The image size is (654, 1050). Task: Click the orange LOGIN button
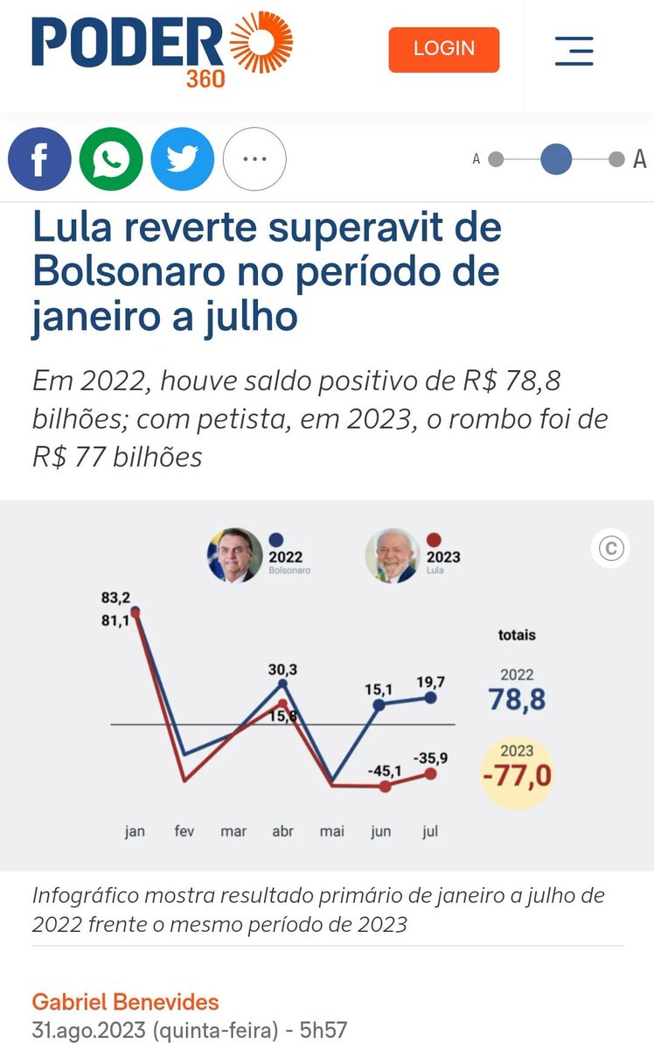[443, 49]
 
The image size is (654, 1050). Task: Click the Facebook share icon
[39, 159]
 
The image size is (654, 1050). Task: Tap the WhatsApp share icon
[111, 159]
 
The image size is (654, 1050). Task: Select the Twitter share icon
[183, 159]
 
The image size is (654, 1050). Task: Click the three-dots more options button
[254, 159]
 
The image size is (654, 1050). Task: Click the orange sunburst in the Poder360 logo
[261, 41]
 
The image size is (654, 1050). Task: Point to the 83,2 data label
[116, 598]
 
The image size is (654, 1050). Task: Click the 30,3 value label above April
[282, 669]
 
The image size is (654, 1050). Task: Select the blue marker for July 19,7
[430, 697]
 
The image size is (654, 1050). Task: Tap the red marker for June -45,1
[386, 786]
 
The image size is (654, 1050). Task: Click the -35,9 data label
[431, 759]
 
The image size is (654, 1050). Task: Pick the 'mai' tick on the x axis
[332, 831]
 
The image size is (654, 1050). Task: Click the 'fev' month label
[184, 831]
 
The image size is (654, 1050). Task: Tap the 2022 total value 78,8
[517, 699]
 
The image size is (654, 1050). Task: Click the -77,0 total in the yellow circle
[518, 774]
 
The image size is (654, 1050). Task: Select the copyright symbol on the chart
[610, 549]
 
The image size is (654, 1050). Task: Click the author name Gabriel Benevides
[125, 1001]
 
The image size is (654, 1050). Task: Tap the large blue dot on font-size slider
[556, 159]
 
